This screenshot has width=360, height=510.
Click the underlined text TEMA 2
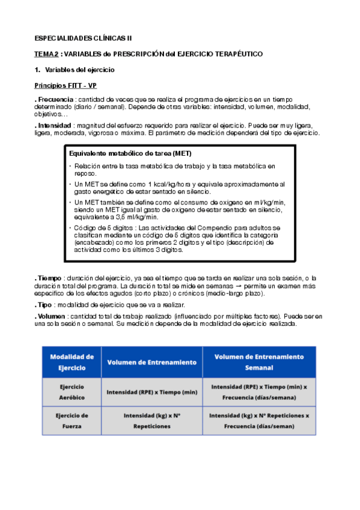tap(46, 54)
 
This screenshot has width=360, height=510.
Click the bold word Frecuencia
tap(55, 99)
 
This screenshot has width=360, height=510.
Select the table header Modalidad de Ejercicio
tap(72, 361)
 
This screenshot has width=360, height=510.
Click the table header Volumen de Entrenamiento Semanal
tap(258, 361)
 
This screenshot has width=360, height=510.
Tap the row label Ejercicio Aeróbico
tap(72, 392)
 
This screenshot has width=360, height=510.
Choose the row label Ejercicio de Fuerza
tap(72, 420)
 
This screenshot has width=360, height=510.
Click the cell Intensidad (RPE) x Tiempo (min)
tap(152, 392)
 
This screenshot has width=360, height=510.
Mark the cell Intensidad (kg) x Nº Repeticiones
tap(152, 420)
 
